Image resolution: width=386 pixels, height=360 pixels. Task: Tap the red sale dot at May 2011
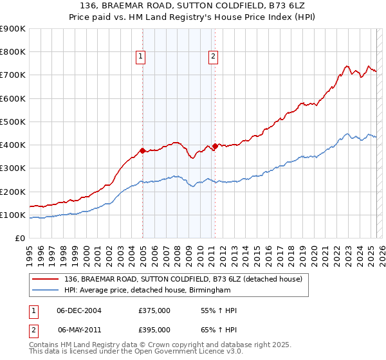[215, 146]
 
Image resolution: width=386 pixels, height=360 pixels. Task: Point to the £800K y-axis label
[13, 52]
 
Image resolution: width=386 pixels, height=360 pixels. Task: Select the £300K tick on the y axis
[13, 168]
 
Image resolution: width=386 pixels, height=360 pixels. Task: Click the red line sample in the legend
[45, 278]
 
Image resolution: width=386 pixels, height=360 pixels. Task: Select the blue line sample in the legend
[45, 290]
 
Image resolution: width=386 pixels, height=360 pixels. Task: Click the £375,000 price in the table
[154, 310]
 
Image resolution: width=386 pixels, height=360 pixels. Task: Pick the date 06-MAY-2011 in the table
[80, 330]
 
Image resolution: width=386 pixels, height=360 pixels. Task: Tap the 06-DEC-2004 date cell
[80, 310]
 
